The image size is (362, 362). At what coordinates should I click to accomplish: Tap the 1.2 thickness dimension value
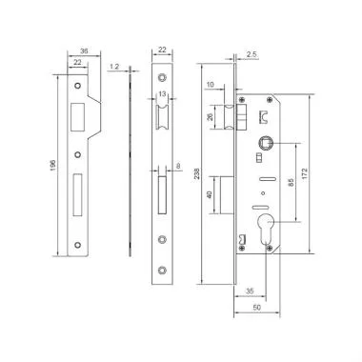coord(114,68)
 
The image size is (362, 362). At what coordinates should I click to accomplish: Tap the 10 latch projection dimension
coord(210,85)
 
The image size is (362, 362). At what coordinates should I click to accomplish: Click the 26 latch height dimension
coord(211,118)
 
